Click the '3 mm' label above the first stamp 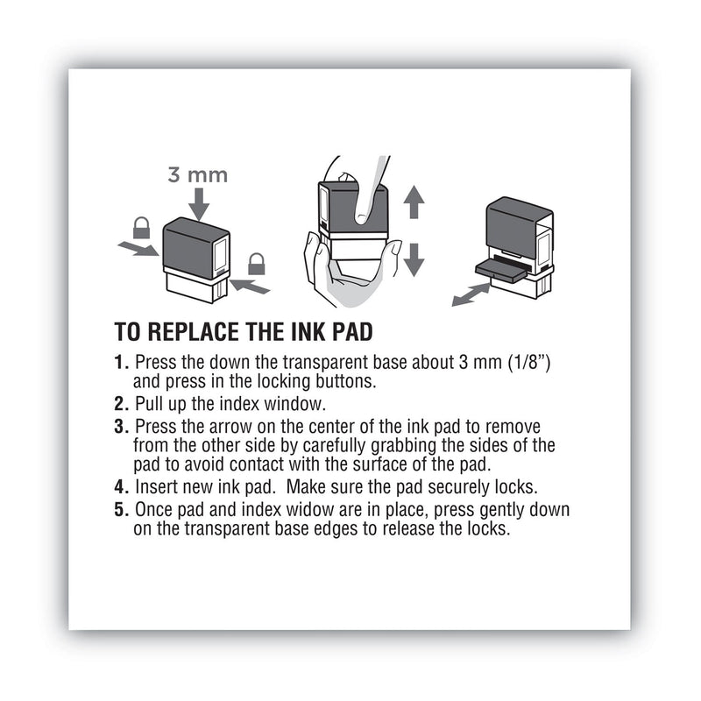point(197,174)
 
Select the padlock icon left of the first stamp point(141,229)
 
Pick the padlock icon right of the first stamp point(257,263)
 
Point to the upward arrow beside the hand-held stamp point(414,203)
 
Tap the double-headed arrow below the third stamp point(471,294)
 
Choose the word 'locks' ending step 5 point(511,530)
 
